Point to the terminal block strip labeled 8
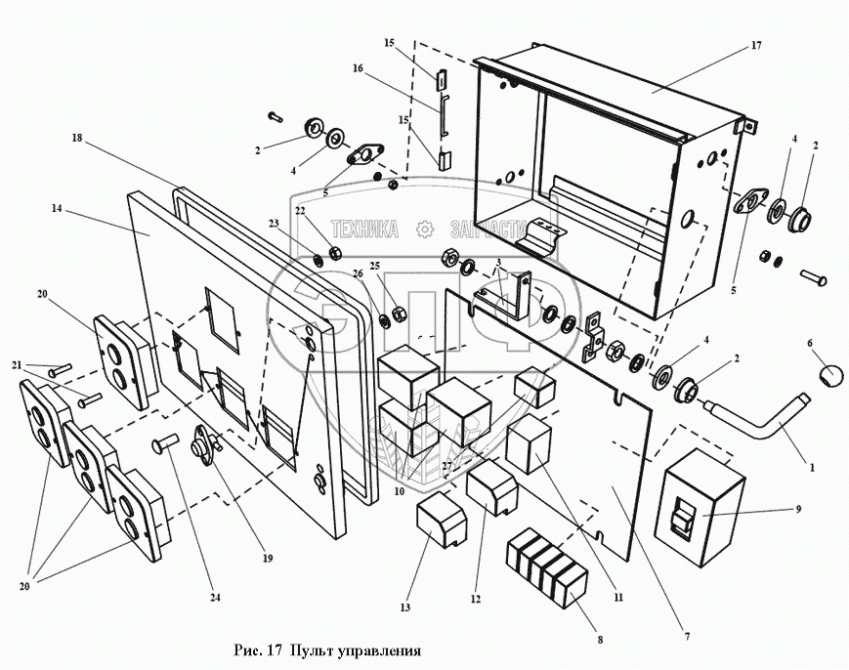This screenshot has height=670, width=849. (547, 567)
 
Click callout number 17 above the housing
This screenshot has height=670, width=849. (755, 46)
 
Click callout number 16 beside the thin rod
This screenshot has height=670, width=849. (358, 69)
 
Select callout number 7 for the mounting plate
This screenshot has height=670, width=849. (687, 637)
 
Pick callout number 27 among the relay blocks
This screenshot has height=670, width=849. (446, 466)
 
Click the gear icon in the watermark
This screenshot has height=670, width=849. (424, 229)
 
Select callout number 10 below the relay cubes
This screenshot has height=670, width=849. (398, 491)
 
